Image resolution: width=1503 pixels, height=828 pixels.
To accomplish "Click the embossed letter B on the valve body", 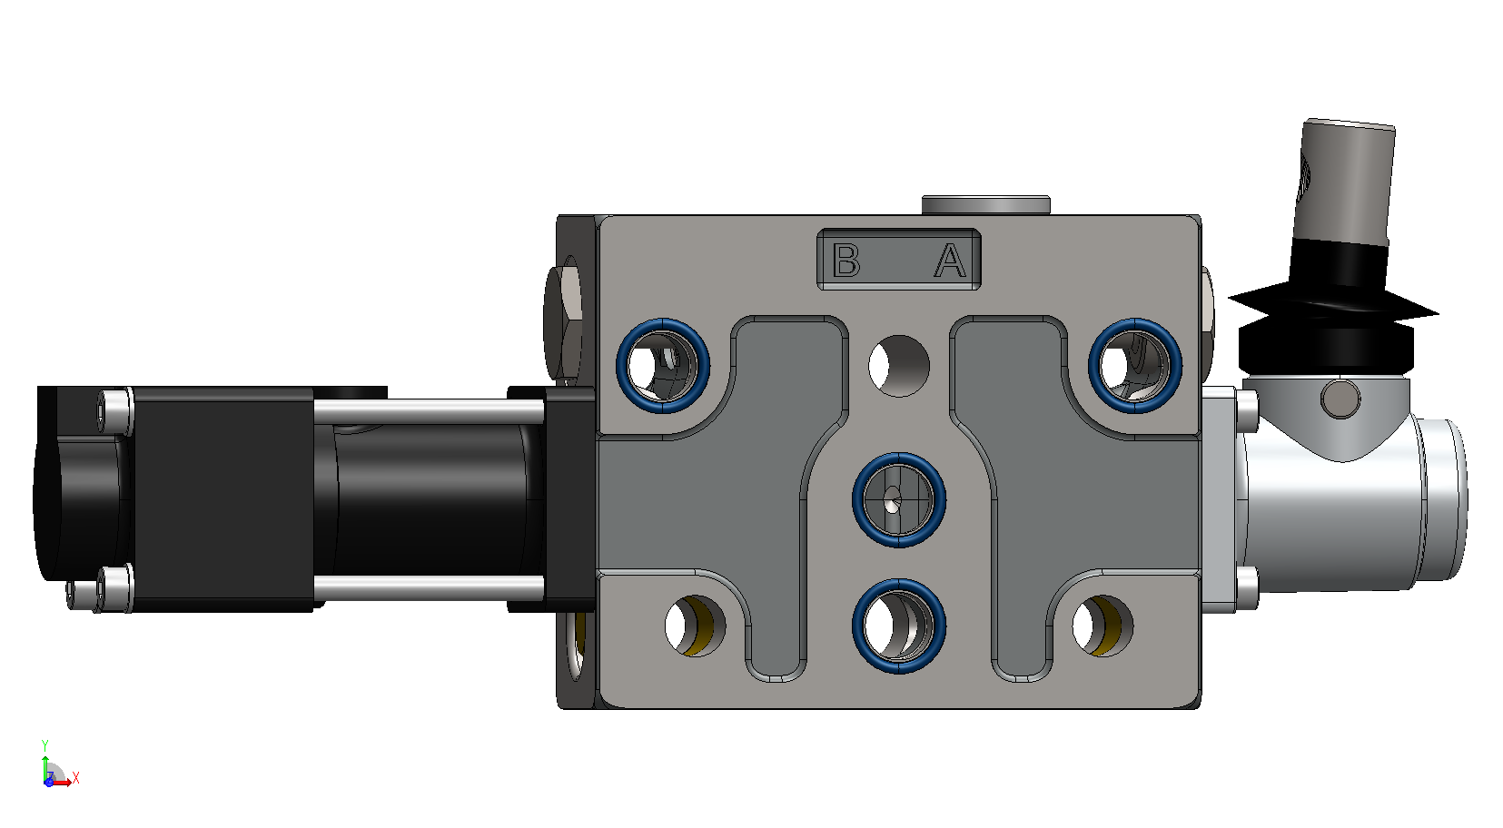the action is [x=845, y=260].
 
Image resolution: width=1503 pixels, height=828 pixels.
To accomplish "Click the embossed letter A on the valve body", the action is [x=950, y=261].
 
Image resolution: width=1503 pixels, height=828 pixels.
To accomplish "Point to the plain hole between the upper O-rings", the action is [x=899, y=367].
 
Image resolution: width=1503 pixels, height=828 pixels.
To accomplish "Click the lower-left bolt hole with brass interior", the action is [x=695, y=626].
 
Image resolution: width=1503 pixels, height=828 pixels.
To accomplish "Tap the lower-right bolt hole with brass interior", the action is [x=1103, y=626].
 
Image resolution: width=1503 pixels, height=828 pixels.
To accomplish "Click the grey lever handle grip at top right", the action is [x=1345, y=182].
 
